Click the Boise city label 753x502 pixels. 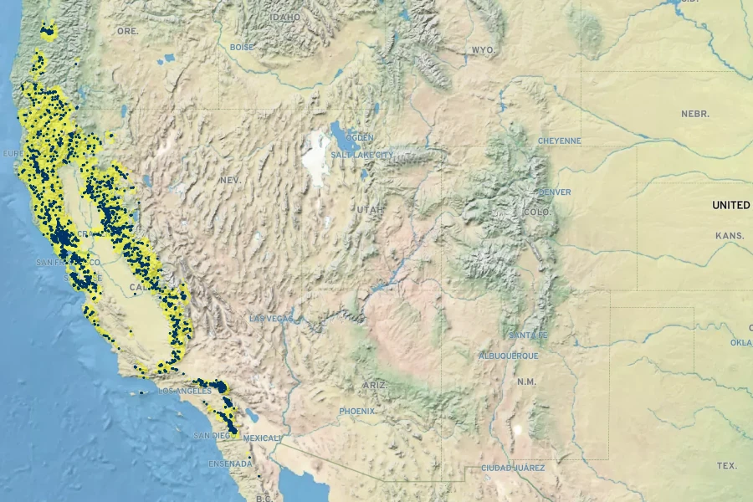tap(242, 48)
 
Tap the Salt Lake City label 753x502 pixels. tap(361, 155)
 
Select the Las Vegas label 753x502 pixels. tap(270, 319)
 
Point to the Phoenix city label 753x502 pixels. tap(358, 411)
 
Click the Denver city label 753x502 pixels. tap(555, 192)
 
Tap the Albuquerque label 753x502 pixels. tap(509, 356)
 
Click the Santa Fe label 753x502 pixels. tap(528, 336)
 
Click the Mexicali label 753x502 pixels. tap(262, 438)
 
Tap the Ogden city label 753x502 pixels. tap(360, 137)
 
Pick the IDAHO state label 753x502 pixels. tap(284, 16)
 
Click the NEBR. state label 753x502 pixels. tap(695, 114)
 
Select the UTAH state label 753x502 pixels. tap(370, 209)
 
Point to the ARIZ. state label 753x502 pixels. tap(376, 384)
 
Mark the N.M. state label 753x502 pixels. tap(526, 382)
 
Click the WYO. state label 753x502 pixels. tap(483, 50)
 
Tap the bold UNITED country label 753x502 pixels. tap(730, 205)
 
